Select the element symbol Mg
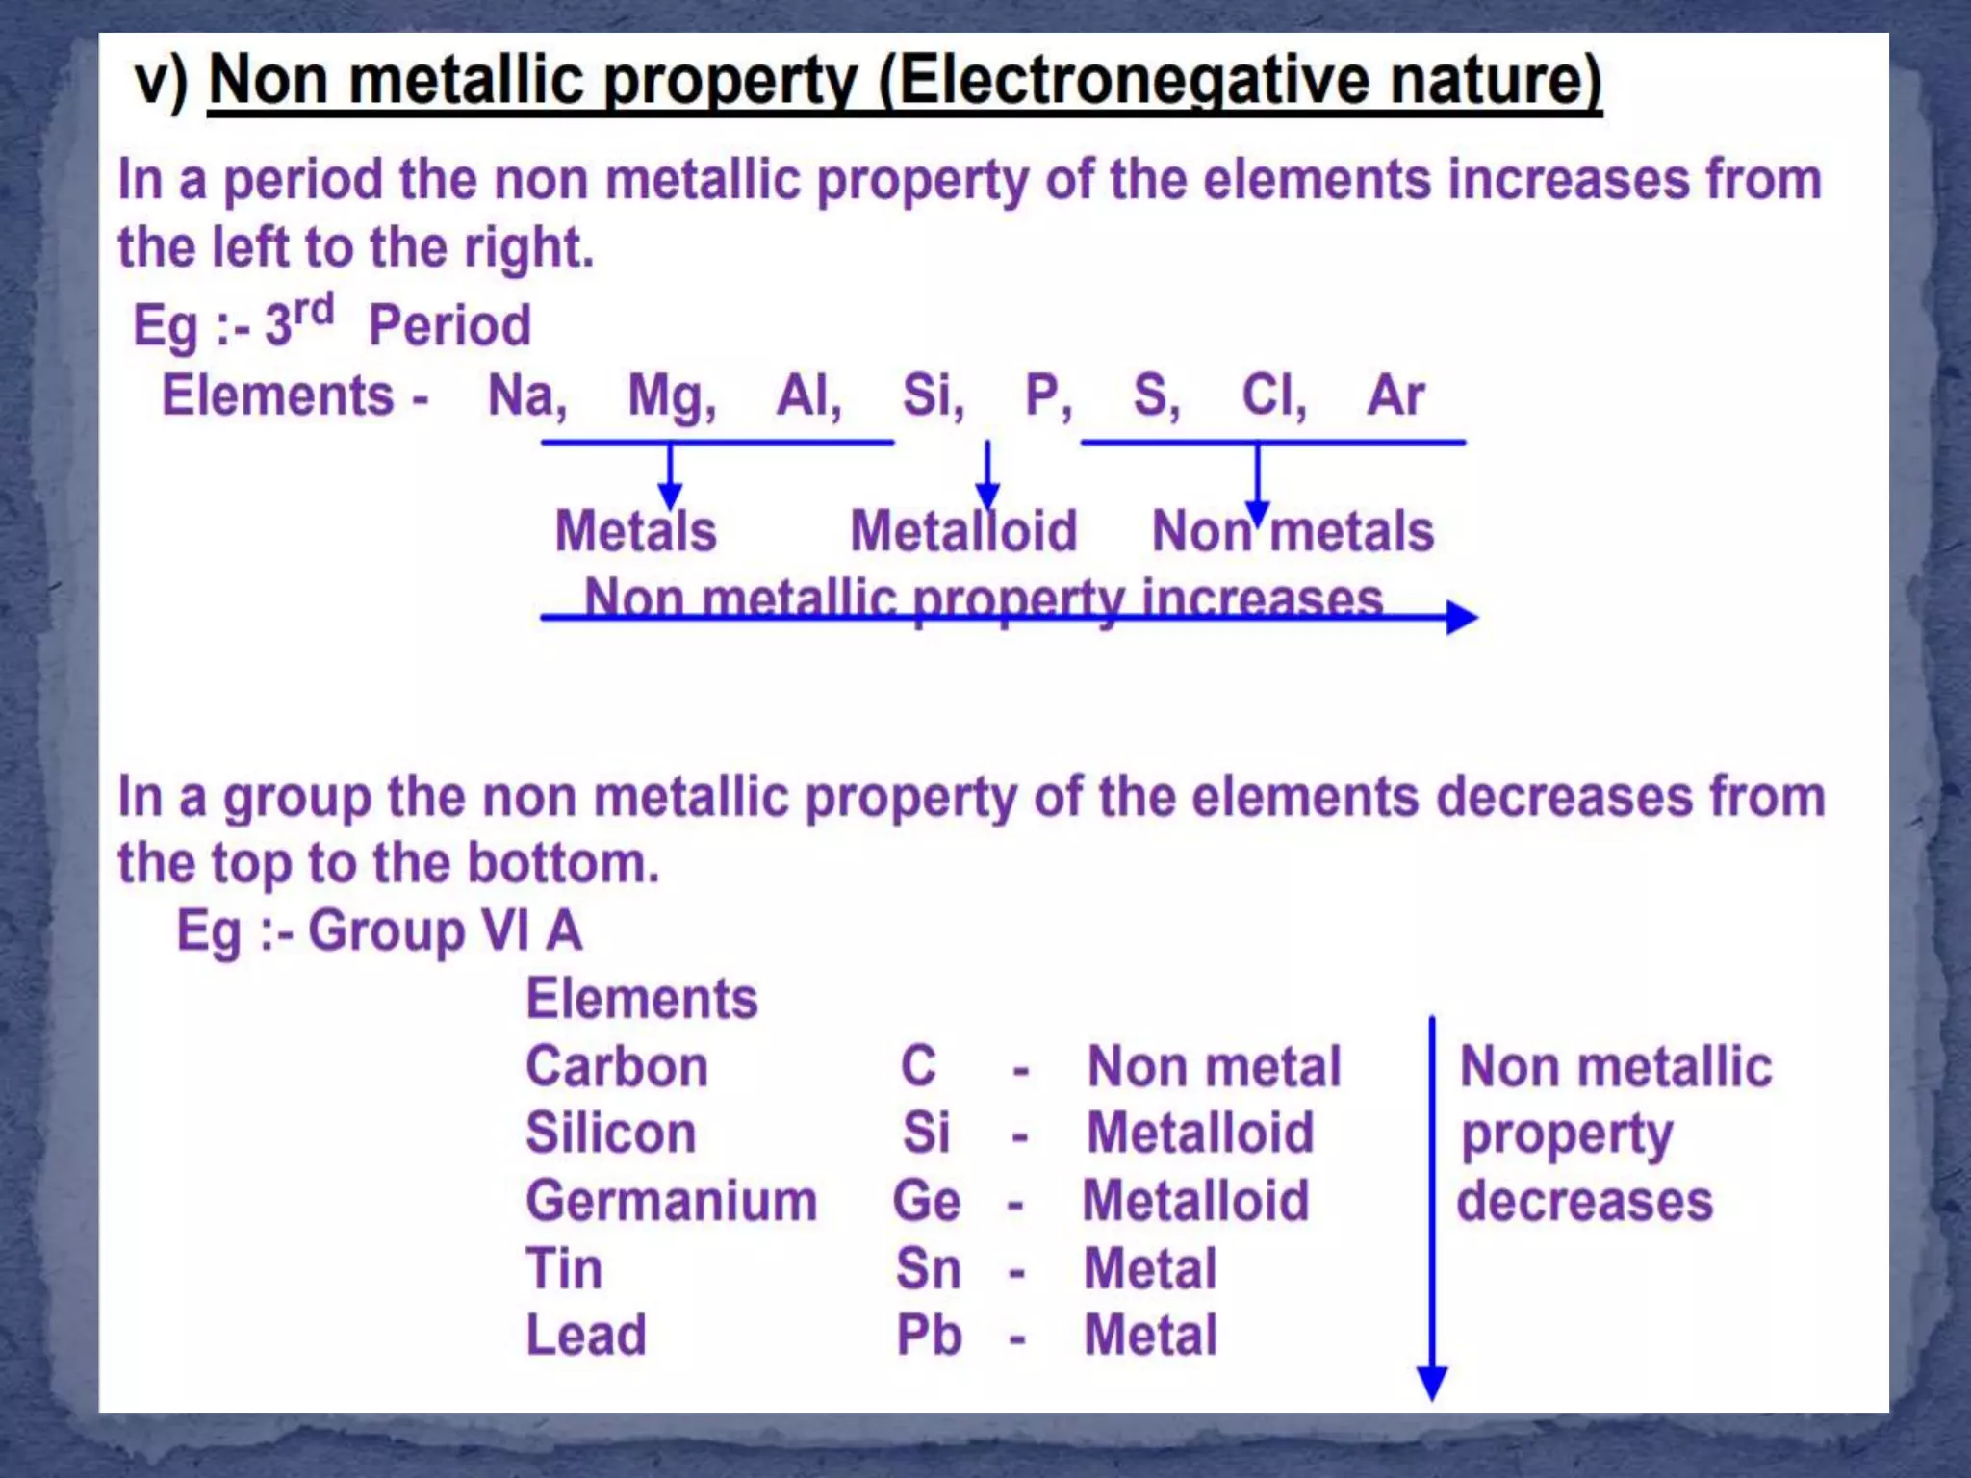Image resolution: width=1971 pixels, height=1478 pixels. coord(668,396)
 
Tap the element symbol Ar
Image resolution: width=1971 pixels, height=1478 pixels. coord(1395,395)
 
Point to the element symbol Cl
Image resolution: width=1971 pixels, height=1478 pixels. coord(1269,395)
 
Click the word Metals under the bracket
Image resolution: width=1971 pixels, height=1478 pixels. coord(636,531)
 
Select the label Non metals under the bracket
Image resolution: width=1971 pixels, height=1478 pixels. coord(1293,531)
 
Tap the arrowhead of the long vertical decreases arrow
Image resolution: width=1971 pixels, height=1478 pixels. coord(1432,1383)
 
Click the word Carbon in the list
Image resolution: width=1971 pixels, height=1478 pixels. coord(617,1066)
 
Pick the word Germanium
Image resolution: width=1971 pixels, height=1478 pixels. coord(671,1201)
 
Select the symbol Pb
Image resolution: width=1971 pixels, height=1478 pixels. coord(929,1336)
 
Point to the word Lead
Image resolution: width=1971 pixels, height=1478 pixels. coord(585,1336)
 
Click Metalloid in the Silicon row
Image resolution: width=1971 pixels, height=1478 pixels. coord(1200,1133)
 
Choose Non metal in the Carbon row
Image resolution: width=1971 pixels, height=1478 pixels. coord(1214,1066)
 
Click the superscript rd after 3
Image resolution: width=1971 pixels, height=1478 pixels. coord(314,311)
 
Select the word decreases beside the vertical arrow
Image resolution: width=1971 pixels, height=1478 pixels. coord(1584,1201)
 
